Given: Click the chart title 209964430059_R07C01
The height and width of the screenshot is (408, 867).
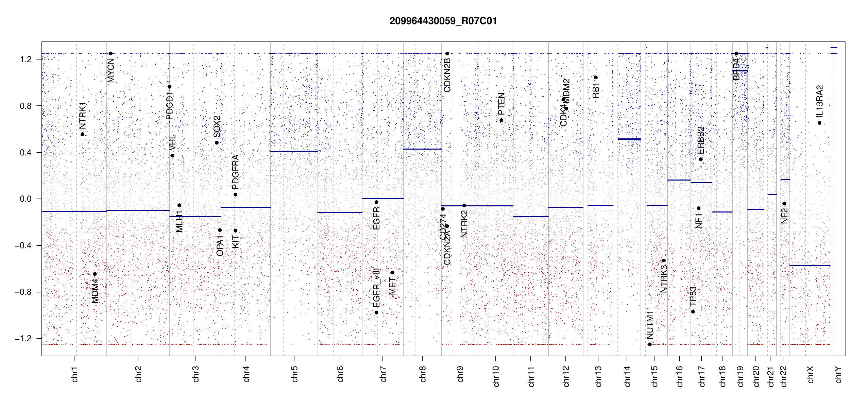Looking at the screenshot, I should [443, 21].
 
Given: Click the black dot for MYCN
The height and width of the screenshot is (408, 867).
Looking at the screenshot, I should [111, 53].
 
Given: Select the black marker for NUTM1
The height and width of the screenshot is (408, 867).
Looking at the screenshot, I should [650, 344].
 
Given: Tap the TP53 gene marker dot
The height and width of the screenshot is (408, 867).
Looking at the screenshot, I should [693, 312].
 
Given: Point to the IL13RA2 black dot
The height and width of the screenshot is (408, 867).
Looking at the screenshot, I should [819, 123].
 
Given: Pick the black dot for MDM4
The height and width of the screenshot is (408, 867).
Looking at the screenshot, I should [95, 274].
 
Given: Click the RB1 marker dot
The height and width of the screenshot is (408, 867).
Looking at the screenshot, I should [596, 78].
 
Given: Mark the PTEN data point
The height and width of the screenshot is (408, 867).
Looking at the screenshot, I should [501, 120].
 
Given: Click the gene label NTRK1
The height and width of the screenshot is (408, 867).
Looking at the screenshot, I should [83, 116].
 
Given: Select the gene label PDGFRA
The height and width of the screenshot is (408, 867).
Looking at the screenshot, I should [235, 172].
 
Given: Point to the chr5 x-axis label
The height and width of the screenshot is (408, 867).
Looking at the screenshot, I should [294, 374].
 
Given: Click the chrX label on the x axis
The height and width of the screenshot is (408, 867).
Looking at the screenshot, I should [810, 374].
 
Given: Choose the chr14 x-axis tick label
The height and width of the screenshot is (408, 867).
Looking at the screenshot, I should [627, 376].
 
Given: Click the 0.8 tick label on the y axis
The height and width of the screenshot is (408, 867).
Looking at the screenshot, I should [26, 106].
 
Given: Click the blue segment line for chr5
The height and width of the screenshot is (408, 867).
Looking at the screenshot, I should [294, 151].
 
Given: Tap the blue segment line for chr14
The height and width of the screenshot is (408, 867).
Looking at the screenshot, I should [629, 139].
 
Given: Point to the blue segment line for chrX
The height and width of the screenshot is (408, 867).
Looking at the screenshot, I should [810, 266].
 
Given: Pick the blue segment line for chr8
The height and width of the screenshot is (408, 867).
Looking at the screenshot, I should [422, 149].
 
